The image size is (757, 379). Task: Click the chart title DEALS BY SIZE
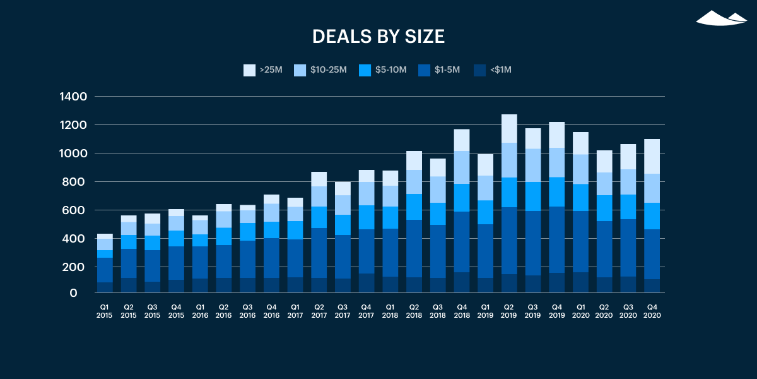(x=378, y=37)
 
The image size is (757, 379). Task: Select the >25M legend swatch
(x=249, y=70)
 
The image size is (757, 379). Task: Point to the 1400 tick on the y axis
(x=74, y=97)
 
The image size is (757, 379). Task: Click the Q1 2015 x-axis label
(x=105, y=311)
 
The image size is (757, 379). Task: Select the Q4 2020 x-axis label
(x=652, y=311)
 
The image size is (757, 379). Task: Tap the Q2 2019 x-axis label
(x=509, y=311)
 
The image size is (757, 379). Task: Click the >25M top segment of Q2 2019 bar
(x=509, y=128)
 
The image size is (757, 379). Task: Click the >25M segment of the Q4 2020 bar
(x=652, y=156)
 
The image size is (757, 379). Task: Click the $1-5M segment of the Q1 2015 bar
(x=105, y=270)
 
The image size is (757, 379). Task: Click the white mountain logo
(x=720, y=18)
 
